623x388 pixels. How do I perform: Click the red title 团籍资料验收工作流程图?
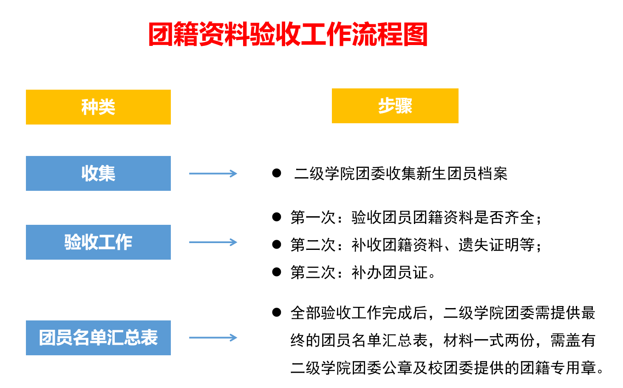click(288, 34)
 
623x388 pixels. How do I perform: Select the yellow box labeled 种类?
click(98, 107)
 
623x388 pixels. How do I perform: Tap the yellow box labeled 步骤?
click(395, 106)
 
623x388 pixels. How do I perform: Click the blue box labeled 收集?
click(98, 173)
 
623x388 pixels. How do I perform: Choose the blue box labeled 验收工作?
click(98, 242)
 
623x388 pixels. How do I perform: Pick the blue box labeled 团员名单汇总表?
click(98, 338)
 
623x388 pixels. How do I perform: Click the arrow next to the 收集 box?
click(212, 173)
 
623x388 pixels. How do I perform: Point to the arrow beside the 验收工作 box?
click(212, 242)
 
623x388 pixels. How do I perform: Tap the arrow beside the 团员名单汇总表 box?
click(212, 338)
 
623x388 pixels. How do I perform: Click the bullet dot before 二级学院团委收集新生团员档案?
click(277, 173)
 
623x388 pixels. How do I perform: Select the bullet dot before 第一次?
click(277, 217)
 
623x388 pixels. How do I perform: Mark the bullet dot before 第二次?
click(277, 244)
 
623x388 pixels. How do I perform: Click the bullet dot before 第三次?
click(277, 272)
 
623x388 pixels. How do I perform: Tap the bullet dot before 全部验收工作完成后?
click(277, 313)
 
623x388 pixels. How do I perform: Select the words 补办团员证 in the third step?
click(389, 272)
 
